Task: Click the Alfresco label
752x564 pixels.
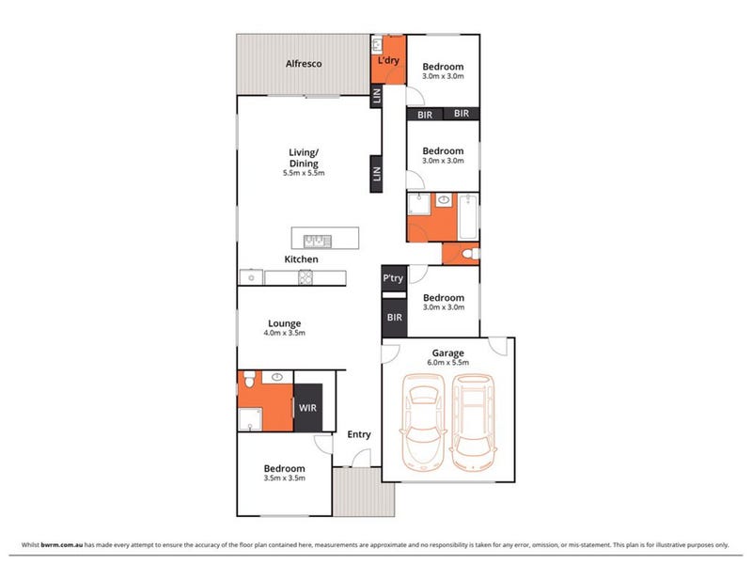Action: [304, 64]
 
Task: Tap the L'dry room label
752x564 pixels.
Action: [388, 60]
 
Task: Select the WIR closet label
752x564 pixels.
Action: [307, 408]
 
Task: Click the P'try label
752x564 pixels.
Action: [393, 278]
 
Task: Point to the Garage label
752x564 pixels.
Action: [448, 353]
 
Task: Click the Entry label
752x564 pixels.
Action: [359, 434]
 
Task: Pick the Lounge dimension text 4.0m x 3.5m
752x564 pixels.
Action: [285, 333]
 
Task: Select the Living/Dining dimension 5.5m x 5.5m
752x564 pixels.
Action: [304, 173]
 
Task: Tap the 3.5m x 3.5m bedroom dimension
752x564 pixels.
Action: [285, 478]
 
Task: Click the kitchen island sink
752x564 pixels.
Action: [318, 241]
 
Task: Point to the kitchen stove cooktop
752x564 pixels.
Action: [305, 277]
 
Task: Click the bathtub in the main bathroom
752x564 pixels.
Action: [468, 217]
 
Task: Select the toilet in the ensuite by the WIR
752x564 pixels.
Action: [249, 379]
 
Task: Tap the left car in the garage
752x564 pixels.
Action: [423, 422]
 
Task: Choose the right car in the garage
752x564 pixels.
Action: [473, 422]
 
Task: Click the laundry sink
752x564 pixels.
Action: [377, 44]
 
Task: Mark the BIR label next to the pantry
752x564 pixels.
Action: [394, 318]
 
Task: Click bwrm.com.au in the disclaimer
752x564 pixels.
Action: [62, 545]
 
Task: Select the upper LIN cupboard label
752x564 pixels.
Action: [377, 96]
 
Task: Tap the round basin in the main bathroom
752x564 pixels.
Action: [444, 199]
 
